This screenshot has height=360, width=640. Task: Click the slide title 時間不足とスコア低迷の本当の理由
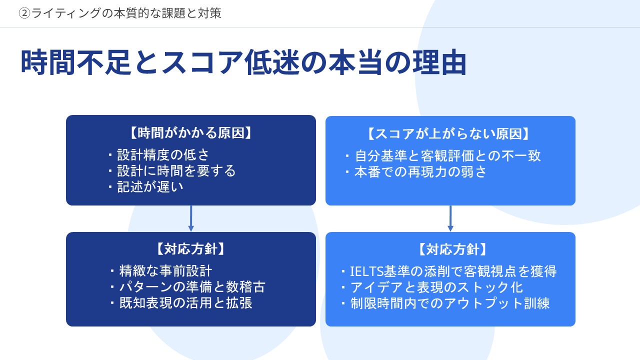[x=243, y=62]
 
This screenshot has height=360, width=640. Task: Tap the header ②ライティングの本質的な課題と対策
[x=120, y=13]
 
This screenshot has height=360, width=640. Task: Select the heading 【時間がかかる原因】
[x=191, y=133]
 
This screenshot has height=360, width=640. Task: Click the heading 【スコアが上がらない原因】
[x=450, y=134]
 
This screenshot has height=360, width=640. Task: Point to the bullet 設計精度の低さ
[x=163, y=155]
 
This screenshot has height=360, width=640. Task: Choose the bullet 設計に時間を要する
[x=176, y=171]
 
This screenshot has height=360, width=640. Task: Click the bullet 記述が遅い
[x=150, y=187]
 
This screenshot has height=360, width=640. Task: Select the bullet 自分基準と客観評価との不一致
[x=447, y=156]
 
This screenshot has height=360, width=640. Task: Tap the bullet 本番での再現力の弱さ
[x=420, y=172]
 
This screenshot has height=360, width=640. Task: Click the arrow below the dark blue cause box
[x=191, y=218]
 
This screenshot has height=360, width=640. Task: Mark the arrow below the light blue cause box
[x=450, y=218]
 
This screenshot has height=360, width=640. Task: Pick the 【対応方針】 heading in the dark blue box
[x=191, y=249]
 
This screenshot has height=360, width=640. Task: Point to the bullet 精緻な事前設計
[x=165, y=271]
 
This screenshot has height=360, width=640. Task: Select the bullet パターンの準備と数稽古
[x=192, y=287]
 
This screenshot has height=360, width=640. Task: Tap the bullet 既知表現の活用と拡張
[x=185, y=303]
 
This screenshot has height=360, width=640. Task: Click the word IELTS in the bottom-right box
[x=366, y=271]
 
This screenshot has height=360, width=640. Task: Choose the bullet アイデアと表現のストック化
[x=436, y=287]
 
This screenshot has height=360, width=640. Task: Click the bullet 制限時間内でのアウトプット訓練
[x=450, y=303]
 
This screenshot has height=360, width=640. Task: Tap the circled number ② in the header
[x=24, y=13]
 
